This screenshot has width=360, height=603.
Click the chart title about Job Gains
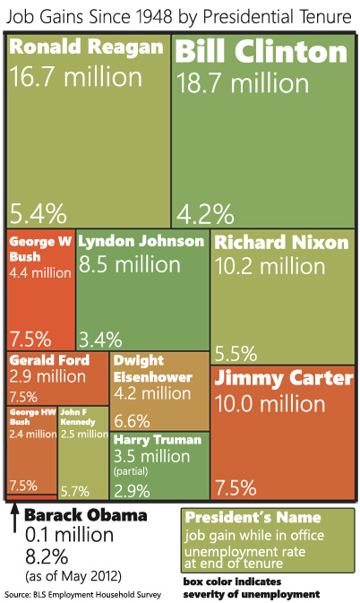[179, 15]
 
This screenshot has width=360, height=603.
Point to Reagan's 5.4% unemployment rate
[39, 213]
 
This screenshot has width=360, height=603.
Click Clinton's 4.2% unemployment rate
[206, 213]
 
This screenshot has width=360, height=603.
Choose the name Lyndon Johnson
[141, 242]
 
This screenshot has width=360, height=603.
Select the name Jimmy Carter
[284, 379]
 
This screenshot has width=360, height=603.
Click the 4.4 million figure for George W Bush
[39, 272]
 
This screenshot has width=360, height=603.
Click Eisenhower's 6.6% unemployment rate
[132, 420]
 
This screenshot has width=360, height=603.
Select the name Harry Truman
[158, 440]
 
